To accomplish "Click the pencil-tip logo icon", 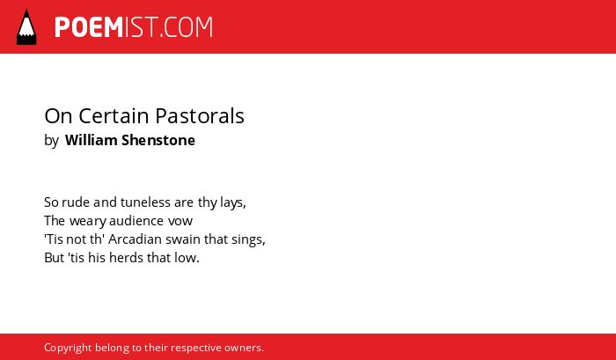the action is [26, 27].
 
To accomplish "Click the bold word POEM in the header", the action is [89, 27].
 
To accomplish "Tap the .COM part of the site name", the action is [187, 27].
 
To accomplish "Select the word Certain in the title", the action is [114, 116].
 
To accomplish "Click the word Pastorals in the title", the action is [200, 116].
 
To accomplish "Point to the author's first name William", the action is [92, 140].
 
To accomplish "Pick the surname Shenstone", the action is [158, 140].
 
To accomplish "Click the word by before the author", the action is [51, 141].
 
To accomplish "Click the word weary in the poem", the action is [88, 222].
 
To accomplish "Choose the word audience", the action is [136, 221].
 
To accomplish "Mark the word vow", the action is [180, 222].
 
